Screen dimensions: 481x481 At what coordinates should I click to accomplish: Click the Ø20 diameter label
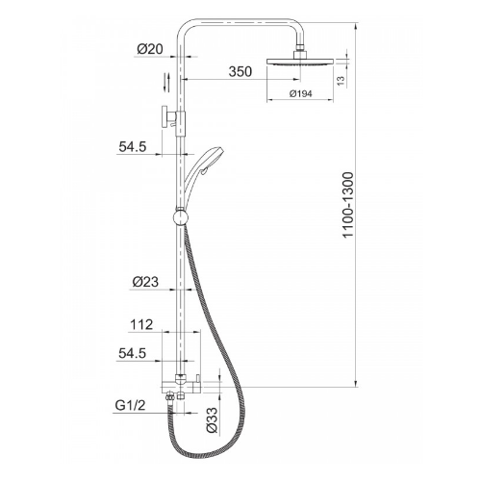coord(150,49)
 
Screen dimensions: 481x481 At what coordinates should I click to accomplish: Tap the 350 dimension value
coord(240,71)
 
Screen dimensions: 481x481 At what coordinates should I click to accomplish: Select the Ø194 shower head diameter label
coord(300,93)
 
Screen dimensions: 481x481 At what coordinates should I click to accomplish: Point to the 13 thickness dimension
coord(342,81)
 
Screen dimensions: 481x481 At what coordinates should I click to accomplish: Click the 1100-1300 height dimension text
coord(348,205)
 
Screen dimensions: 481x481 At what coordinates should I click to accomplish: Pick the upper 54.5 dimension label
coord(133,147)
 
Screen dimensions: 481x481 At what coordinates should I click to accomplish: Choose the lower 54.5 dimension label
coord(132,353)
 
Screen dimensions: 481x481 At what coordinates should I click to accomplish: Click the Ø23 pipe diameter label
coord(145,282)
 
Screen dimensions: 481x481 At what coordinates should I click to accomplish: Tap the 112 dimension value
coord(141,325)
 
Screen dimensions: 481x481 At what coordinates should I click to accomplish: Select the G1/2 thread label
coord(130,406)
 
